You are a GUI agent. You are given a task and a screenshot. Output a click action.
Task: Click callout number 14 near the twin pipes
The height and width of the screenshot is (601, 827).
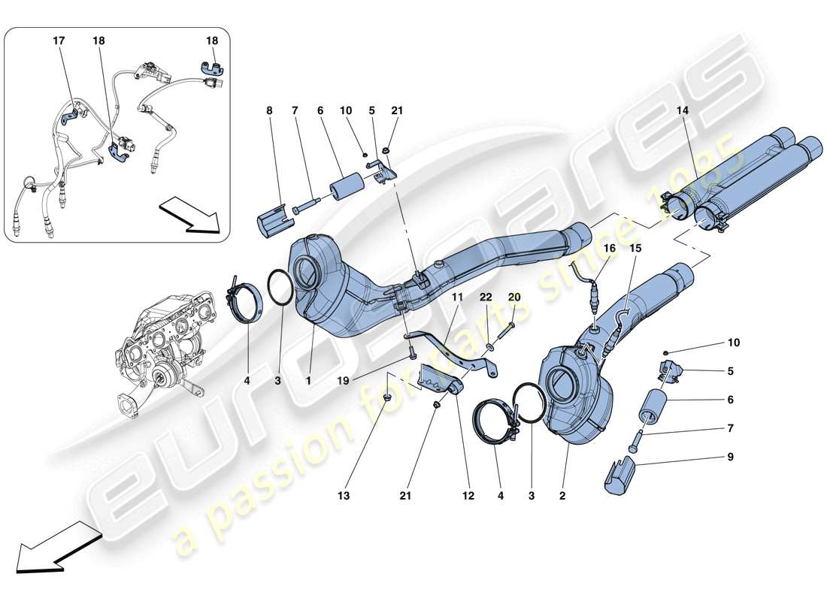click(x=683, y=110)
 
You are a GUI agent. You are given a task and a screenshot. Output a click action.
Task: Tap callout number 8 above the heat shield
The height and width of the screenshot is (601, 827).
click(x=268, y=110)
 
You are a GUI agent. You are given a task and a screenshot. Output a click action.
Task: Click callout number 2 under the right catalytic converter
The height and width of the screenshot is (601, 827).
click(x=562, y=496)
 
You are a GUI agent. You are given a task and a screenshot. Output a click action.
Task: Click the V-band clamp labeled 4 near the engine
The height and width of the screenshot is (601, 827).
click(x=247, y=308)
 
